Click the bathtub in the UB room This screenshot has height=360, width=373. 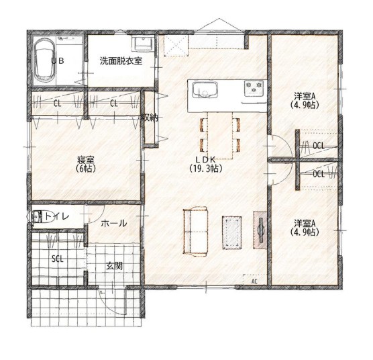point(45,60)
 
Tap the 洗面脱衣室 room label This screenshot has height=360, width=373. point(121,61)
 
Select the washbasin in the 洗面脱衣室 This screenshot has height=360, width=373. point(142,44)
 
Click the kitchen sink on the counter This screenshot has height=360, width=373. point(205,90)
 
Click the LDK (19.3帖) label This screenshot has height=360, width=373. point(206,164)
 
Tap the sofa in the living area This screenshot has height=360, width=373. point(195,232)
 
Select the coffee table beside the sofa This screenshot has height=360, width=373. point(231,232)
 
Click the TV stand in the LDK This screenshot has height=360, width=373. point(260,230)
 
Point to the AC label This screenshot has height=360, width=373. point(254,281)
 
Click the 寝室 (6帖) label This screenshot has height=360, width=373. point(86,164)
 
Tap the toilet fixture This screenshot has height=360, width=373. point(41,217)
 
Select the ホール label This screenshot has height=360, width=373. point(113,224)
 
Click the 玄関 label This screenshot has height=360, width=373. point(114,266)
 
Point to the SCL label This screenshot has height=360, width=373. point(58,259)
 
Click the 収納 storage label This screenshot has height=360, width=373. point(150,118)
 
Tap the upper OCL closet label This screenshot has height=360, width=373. point(319,146)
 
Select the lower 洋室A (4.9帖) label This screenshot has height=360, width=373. point(305,228)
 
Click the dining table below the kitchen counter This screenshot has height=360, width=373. point(220,135)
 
